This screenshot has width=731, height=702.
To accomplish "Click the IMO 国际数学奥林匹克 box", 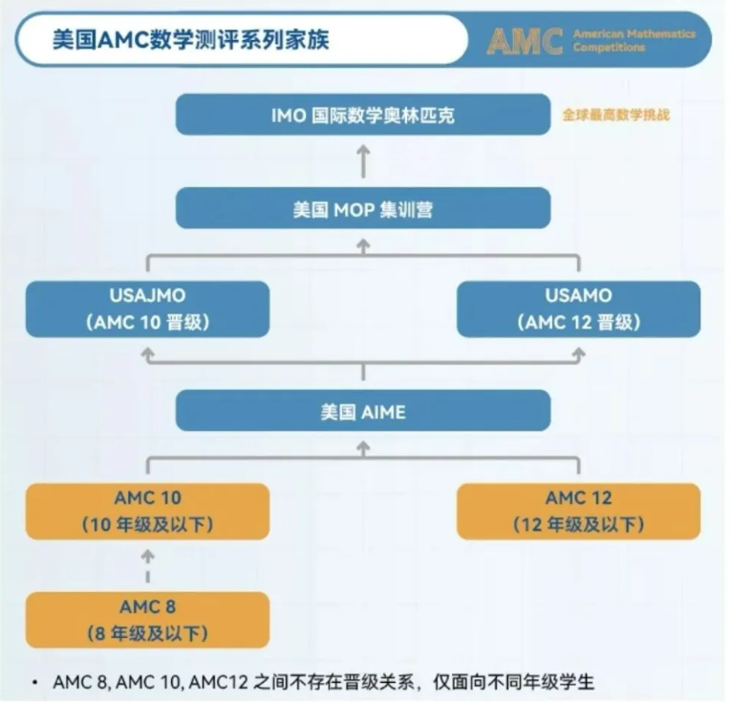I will (x=363, y=115).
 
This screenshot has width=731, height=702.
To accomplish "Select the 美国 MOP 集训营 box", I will (x=363, y=208).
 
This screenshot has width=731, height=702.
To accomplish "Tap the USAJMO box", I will (x=147, y=308).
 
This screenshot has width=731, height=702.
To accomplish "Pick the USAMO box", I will (x=578, y=308).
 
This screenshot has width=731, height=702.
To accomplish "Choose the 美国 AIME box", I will (x=363, y=411).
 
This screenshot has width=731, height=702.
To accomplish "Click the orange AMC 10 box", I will (x=147, y=511).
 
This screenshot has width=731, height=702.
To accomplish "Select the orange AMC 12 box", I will (x=578, y=511).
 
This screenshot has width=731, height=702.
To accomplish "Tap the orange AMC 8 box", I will (x=147, y=619).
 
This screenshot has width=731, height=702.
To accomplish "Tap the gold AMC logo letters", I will (x=525, y=41).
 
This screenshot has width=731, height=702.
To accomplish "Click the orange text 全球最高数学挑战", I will (x=615, y=115).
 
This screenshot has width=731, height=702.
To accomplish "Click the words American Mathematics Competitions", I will (x=634, y=40).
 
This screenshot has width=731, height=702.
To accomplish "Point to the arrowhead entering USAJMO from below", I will (x=147, y=354).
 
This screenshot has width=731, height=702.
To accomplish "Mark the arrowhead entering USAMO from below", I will (x=578, y=354).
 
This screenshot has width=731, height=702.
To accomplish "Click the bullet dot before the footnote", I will (x=34, y=682).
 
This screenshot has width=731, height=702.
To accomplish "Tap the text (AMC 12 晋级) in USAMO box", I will (x=578, y=322).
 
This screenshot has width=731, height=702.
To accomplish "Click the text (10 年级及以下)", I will (x=147, y=524).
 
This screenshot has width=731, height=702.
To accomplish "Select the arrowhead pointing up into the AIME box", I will (x=363, y=446).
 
